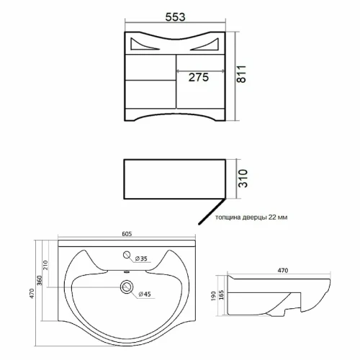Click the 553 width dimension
(x=175, y=17)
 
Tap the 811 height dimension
(x=241, y=74)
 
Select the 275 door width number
(x=199, y=77)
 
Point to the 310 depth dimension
(x=243, y=179)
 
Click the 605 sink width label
(x=127, y=234)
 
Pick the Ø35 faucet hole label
(x=141, y=258)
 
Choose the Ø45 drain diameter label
(x=145, y=294)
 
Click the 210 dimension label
(x=45, y=265)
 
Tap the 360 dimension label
(x=40, y=280)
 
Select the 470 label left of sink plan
(x=32, y=294)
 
